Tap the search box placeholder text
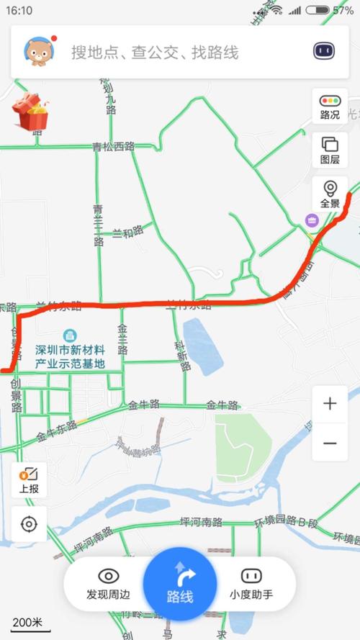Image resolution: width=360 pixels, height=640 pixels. pyautogui.click(x=154, y=52)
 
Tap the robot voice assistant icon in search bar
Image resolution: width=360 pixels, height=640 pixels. pyautogui.click(x=325, y=51)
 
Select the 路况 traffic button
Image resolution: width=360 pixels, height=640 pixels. pyautogui.click(x=330, y=107)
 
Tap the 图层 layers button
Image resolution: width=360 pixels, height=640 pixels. pyautogui.click(x=330, y=150)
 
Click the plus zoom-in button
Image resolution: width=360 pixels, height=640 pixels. pyautogui.click(x=330, y=403)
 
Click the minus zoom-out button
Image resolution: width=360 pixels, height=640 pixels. pyautogui.click(x=330, y=443)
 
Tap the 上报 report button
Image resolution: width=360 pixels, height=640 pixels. pyautogui.click(x=29, y=479)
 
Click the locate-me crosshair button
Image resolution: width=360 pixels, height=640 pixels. pyautogui.click(x=29, y=523)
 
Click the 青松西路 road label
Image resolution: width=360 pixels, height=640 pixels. pyautogui.click(x=114, y=146)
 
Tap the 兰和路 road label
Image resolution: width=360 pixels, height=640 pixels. pyautogui.click(x=127, y=233)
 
